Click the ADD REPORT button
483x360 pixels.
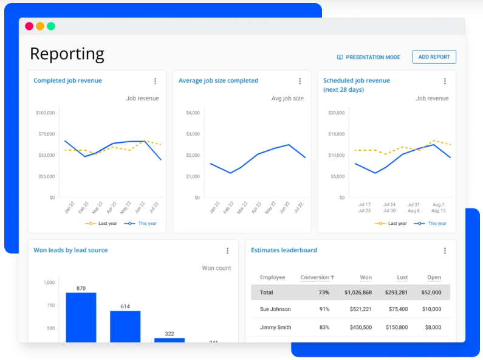(x=434, y=57)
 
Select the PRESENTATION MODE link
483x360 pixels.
(x=368, y=57)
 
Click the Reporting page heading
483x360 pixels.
(x=67, y=54)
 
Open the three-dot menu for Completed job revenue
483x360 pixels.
(x=155, y=81)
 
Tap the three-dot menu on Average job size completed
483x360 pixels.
(x=300, y=81)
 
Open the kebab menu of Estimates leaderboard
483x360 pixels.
(x=445, y=251)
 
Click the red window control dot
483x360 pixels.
(x=29, y=26)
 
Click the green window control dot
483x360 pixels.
(x=51, y=26)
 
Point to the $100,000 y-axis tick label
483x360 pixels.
(x=45, y=112)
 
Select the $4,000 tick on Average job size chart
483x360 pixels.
(x=193, y=112)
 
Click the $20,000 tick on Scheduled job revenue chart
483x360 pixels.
(x=336, y=112)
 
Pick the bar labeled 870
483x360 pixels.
(x=81, y=317)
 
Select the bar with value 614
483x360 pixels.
(x=125, y=326)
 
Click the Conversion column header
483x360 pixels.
(x=317, y=277)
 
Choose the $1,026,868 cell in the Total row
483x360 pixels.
(x=357, y=292)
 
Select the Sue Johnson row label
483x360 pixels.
(x=275, y=310)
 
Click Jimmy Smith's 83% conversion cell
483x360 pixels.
(x=323, y=328)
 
